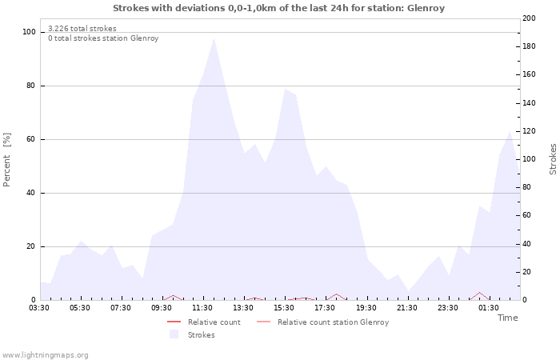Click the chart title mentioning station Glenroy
click(x=278, y=8)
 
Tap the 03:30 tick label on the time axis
click(x=39, y=307)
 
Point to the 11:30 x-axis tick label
click(x=202, y=307)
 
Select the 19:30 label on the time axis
click(x=366, y=307)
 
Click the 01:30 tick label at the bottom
click(x=488, y=307)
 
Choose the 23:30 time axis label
click(x=447, y=307)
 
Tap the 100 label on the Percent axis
click(x=29, y=32)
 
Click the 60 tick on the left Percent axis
click(x=31, y=139)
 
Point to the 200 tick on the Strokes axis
click(x=530, y=18)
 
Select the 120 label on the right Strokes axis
click(x=530, y=131)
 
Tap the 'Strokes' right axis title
click(x=553, y=159)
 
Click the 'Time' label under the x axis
click(x=507, y=318)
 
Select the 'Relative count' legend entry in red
click(x=214, y=322)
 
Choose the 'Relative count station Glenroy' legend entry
click(x=333, y=322)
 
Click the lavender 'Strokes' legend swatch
click(x=174, y=335)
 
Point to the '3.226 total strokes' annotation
click(x=82, y=29)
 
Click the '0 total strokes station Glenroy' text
click(x=103, y=38)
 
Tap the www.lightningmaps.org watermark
click(x=45, y=354)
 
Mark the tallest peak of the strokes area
click(x=214, y=38)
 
